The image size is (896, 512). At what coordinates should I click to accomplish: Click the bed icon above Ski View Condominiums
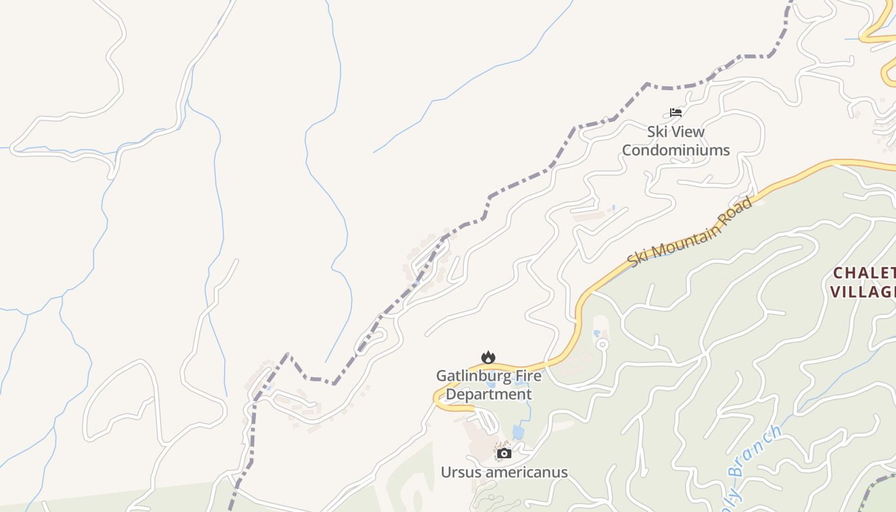tap(676, 113)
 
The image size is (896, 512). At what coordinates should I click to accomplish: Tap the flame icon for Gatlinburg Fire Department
tap(488, 357)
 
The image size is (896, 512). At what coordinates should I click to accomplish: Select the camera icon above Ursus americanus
tap(504, 454)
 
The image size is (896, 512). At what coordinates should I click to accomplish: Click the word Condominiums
tap(676, 150)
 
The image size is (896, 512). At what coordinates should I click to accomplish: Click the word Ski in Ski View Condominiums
tap(657, 132)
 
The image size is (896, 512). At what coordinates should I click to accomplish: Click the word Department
tap(488, 394)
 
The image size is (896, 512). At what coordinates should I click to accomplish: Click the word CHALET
tap(863, 273)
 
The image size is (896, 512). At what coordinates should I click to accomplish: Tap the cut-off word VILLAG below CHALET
tap(863, 292)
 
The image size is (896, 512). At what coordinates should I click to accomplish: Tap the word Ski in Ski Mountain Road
tap(637, 259)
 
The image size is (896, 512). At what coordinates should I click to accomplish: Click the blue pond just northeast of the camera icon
tap(518, 433)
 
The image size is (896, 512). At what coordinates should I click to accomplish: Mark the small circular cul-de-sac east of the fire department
tap(602, 344)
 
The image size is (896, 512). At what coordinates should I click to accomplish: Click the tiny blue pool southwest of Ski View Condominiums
tap(614, 208)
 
